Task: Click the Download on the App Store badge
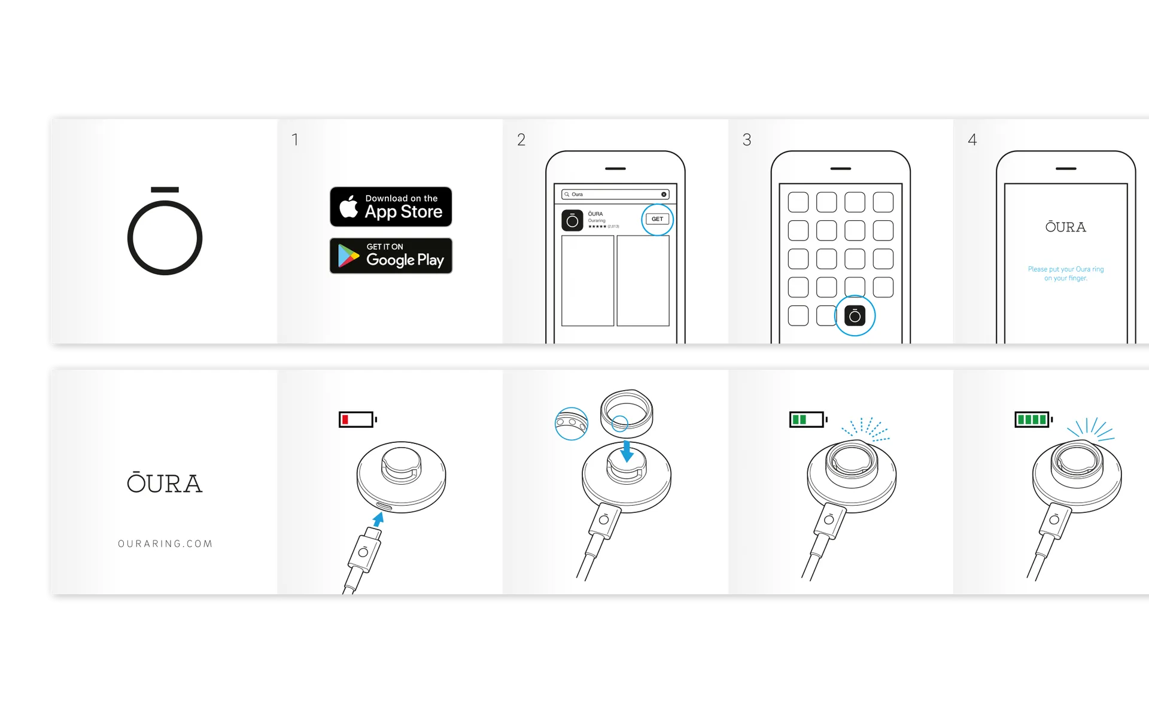[391, 206]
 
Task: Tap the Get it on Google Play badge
[391, 256]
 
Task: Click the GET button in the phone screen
[657, 219]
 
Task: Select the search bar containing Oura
[615, 195]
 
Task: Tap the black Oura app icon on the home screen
[855, 315]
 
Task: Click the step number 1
[295, 140]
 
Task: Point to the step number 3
[747, 140]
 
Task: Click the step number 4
[972, 140]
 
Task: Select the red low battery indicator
[357, 420]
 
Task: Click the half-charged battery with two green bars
[807, 420]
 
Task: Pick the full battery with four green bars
[1033, 420]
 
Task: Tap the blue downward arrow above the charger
[627, 451]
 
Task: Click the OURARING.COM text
[165, 543]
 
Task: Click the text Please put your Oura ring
[1066, 269]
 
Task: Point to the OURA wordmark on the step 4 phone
[1066, 227]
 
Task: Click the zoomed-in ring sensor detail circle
[572, 424]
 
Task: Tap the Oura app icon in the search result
[572, 220]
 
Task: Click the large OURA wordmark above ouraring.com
[165, 482]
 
